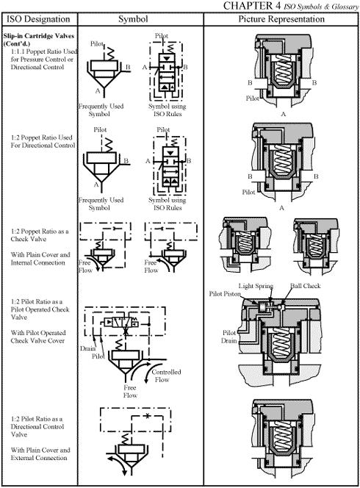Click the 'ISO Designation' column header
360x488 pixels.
pos(39,19)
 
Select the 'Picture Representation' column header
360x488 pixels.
pos(281,19)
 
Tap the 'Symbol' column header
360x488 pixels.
pos(133,19)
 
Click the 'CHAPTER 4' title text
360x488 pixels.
pos(252,5)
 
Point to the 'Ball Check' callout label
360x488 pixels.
pos(305,286)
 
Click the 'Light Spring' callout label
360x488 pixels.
pos(256,286)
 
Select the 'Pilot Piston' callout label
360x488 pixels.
pos(225,293)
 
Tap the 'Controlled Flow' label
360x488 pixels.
pos(166,376)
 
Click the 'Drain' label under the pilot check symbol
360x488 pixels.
pos(87,348)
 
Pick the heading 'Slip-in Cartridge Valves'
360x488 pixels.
pos(39,36)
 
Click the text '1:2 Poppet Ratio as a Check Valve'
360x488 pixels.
pos(40,235)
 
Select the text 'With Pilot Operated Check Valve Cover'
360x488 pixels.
pos(38,337)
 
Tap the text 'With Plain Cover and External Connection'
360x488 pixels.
pos(40,453)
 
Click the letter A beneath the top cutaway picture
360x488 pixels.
pos(283,114)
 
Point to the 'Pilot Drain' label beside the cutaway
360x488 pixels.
pos(229,337)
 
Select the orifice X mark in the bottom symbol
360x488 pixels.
pos(148,415)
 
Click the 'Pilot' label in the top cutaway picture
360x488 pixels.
pos(252,98)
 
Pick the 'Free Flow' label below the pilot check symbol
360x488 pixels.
pos(130,392)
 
